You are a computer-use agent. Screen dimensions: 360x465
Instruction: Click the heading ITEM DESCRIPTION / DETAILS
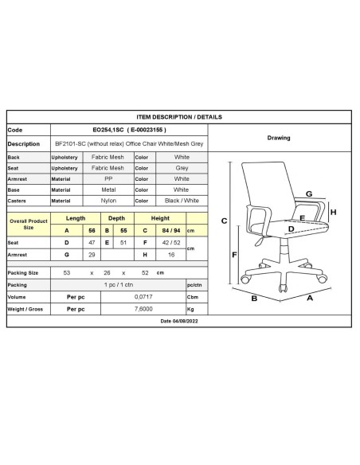pos(179,115)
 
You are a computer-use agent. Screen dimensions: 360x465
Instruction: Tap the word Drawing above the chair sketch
pos(279,138)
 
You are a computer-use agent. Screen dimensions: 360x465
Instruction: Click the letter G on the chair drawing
pos(308,193)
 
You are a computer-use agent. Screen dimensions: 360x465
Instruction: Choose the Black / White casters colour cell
pos(181,201)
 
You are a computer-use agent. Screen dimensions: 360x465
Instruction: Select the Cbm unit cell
pos(192,295)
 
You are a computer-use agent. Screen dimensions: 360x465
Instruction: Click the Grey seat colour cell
pos(181,168)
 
